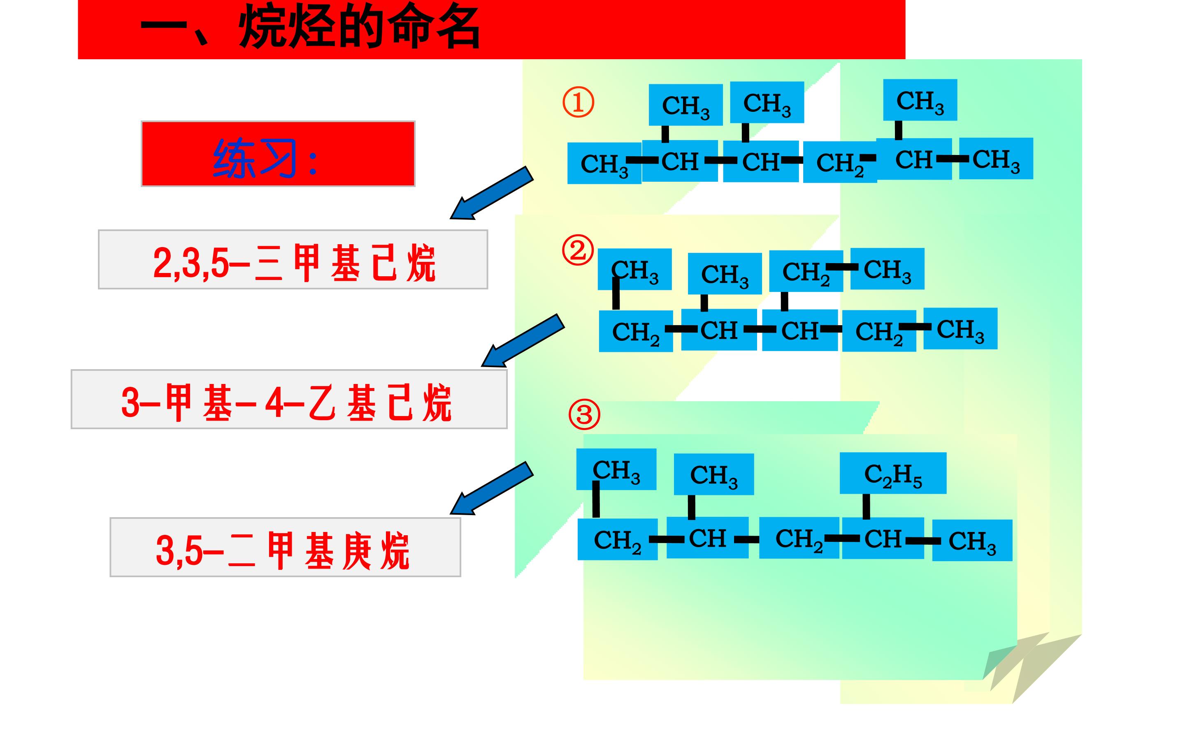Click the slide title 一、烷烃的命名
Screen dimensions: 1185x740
coord(310,28)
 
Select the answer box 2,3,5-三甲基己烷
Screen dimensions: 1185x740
coord(293,259)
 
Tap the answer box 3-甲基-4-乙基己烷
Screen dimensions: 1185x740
coord(289,399)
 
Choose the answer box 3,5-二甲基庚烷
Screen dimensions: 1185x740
coord(285,547)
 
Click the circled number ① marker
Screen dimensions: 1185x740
coord(578,102)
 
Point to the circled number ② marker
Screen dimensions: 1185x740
coord(578,251)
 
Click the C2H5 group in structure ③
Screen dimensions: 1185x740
coord(893,473)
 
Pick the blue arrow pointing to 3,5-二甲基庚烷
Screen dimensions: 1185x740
coord(491,488)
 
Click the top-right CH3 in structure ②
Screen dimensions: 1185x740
coord(887,269)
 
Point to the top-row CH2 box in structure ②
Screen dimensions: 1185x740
coord(806,271)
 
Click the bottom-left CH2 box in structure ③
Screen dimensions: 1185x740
coord(618,539)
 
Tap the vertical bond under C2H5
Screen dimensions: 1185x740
coord(866,506)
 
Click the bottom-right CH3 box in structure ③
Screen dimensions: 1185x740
coord(972,540)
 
